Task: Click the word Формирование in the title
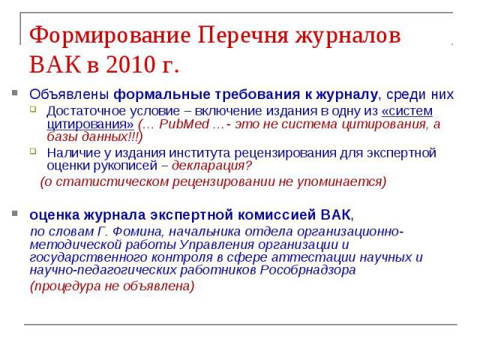click(x=109, y=36)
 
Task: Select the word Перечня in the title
click(x=243, y=35)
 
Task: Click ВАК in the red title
click(x=55, y=64)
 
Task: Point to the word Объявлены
click(x=69, y=94)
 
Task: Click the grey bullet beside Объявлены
click(x=15, y=92)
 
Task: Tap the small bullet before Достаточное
click(x=33, y=109)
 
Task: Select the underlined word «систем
click(x=407, y=111)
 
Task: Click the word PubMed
click(x=184, y=124)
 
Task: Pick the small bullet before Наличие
click(x=33, y=151)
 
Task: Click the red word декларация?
click(x=211, y=166)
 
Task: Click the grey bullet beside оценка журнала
click(x=15, y=213)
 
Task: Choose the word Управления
click(x=217, y=244)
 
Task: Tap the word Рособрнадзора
click(x=308, y=270)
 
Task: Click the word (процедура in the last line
click(x=65, y=286)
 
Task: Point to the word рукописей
click(x=125, y=166)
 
